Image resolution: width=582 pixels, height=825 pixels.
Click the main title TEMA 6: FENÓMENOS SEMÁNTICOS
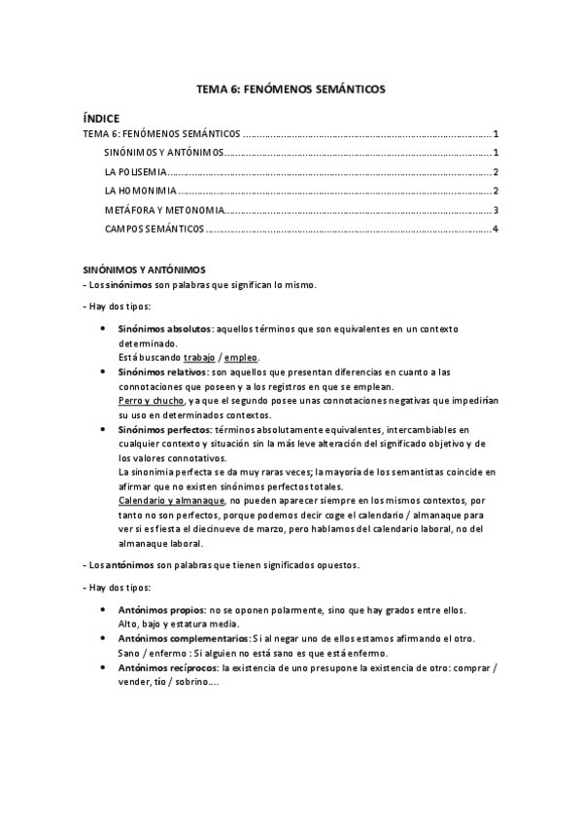291,89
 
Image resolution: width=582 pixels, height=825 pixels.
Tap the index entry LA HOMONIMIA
139,191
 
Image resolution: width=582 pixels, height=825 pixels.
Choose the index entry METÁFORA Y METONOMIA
163,210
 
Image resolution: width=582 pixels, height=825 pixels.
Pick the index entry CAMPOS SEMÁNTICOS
154,229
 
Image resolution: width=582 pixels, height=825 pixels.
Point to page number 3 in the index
496,210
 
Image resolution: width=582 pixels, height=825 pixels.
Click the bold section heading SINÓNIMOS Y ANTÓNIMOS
144,269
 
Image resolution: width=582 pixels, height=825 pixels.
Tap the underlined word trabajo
202,357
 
